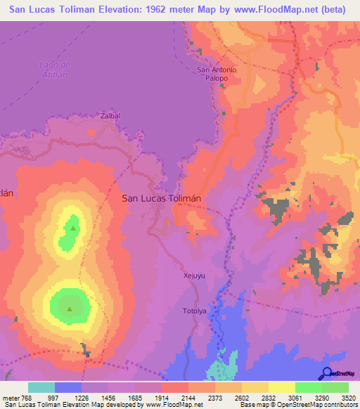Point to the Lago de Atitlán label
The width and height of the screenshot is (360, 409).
[x=51, y=70]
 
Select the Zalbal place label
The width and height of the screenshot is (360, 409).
[x=110, y=115]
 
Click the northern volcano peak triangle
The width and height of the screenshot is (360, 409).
[x=71, y=227]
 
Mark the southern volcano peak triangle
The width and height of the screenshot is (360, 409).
[x=70, y=308]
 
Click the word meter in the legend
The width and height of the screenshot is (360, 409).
[x=11, y=398]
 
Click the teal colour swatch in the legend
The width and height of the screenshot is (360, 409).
[x=41, y=387]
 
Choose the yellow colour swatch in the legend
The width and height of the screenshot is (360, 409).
[x=281, y=387]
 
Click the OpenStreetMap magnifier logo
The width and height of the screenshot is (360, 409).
[x=327, y=373]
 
